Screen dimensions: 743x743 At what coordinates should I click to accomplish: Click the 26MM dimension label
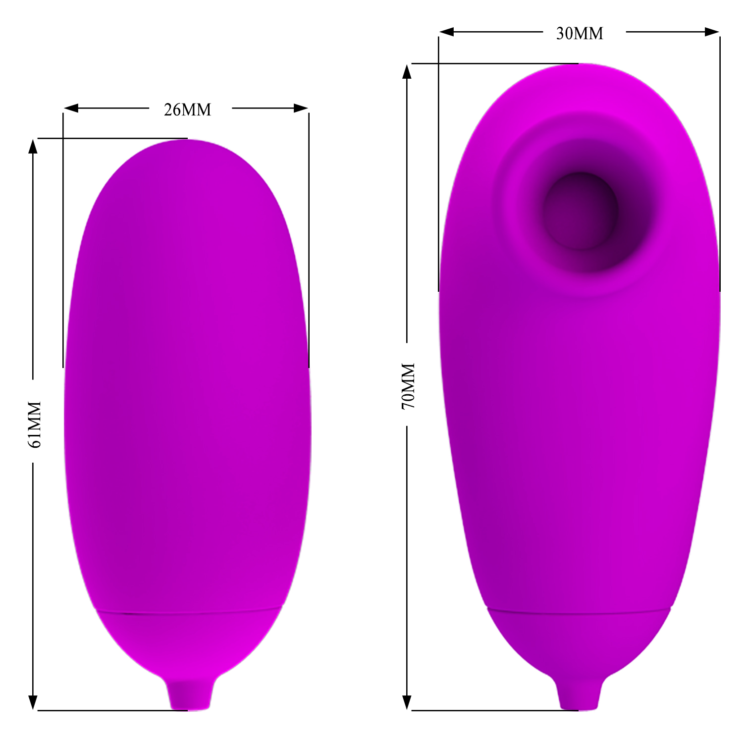187,109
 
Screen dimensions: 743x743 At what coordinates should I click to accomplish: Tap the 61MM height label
35,425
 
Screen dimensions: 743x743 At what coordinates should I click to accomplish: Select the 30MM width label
580,33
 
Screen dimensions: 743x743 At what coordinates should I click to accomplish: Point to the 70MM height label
408,386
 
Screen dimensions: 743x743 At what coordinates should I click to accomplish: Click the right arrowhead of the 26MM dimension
301,108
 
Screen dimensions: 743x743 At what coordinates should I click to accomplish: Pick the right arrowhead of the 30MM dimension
712,32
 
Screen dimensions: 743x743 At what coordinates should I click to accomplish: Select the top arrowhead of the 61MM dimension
33,146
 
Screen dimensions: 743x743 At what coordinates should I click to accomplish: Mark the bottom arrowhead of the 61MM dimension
33,703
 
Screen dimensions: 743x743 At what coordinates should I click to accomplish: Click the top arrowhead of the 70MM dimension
407,71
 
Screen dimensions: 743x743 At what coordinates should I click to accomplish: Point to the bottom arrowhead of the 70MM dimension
407,703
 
